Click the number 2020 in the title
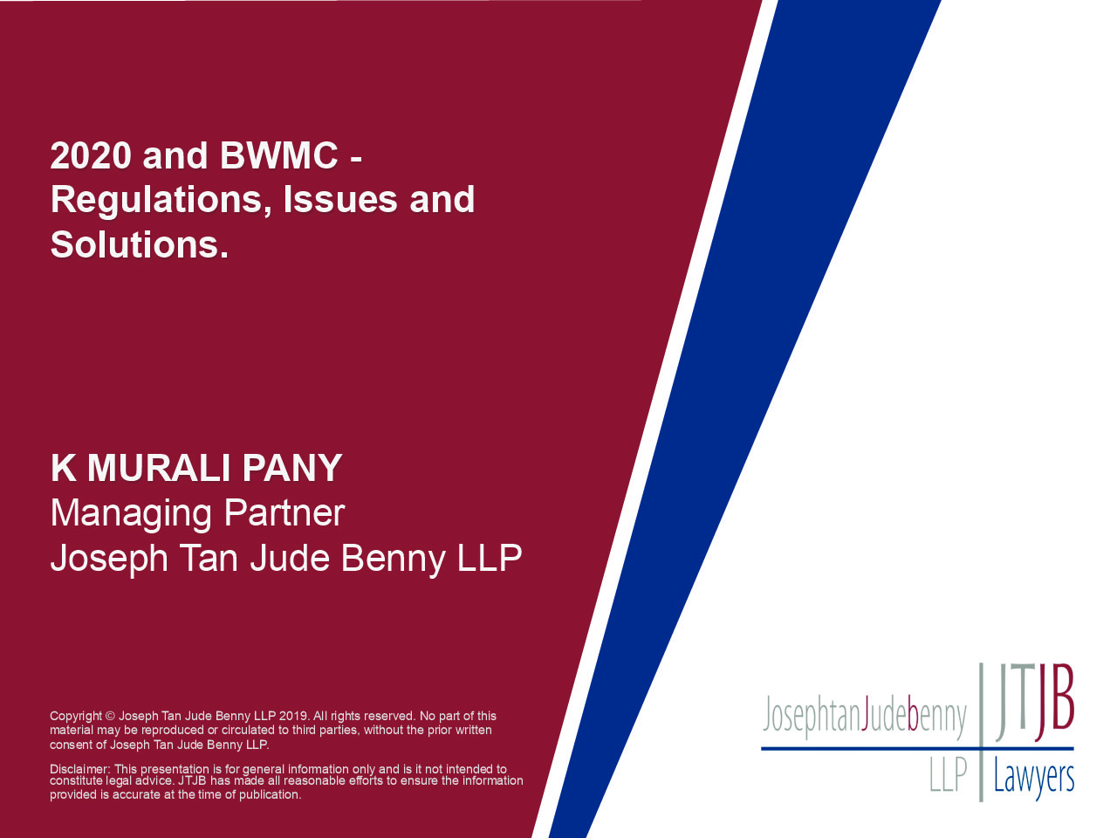[x=91, y=155]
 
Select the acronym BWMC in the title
[x=279, y=155]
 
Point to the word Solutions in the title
[x=135, y=244]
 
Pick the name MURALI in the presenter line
[x=158, y=468]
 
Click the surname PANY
[x=291, y=468]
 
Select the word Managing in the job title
[x=131, y=515]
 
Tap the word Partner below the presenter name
[x=284, y=513]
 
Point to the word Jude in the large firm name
[x=290, y=558]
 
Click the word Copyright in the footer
[x=76, y=717]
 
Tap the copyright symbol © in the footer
[x=110, y=717]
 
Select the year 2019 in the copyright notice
[x=293, y=716]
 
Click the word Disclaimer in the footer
[x=80, y=769]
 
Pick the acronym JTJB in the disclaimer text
[x=191, y=780]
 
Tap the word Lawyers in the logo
[x=1033, y=780]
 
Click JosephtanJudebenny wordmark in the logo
[x=864, y=717]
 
